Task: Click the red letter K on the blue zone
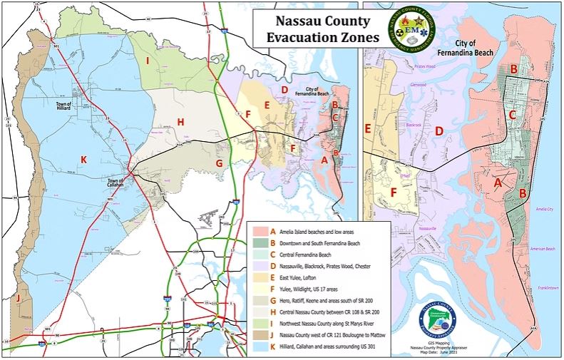(x=83, y=160)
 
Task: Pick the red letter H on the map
(x=180, y=122)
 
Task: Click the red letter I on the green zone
(x=147, y=61)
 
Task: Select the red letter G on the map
(x=220, y=163)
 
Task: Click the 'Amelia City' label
(x=543, y=210)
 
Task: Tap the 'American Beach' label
(x=543, y=249)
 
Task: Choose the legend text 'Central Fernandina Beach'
(x=307, y=255)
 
